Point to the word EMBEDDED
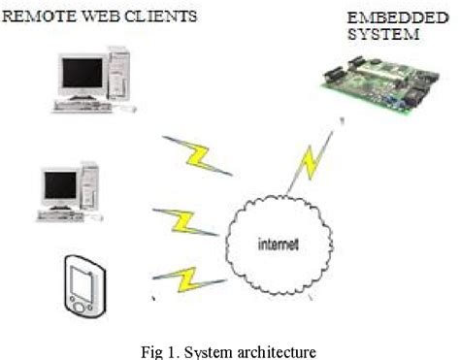pos(381,17)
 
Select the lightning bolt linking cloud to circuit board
pos(313,161)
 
